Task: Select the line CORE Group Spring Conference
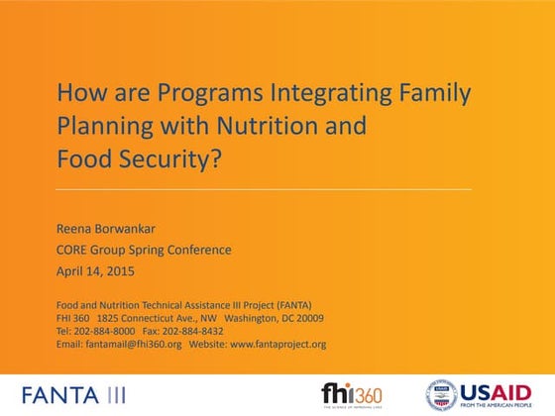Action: point(143,249)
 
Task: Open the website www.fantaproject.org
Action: point(277,345)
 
